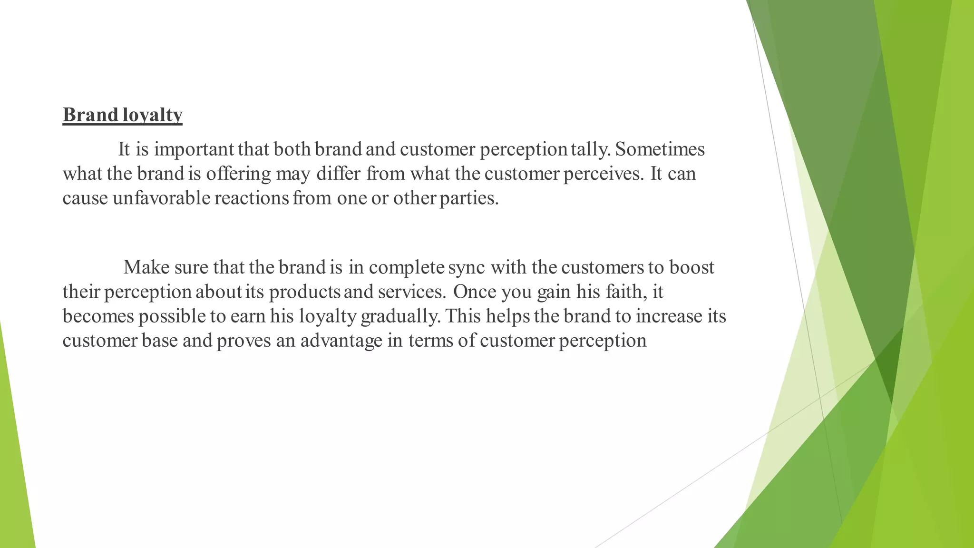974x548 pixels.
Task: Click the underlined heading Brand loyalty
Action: [122, 115]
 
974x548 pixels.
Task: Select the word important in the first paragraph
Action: [194, 150]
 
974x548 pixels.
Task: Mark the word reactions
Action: [252, 198]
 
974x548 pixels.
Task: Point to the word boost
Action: [692, 267]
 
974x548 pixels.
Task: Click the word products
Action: [304, 292]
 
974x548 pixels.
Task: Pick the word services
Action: [412, 292]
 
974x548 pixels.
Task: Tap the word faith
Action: [627, 292]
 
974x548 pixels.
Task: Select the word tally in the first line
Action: [590, 150]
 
